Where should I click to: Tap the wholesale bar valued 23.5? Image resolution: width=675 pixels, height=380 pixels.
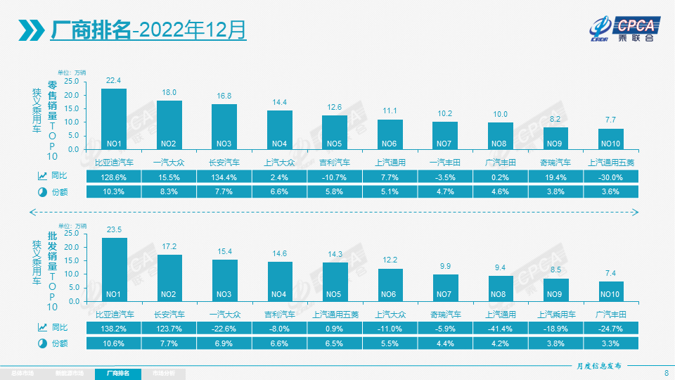click(115, 269)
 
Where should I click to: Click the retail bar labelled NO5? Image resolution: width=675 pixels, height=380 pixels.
click(335, 132)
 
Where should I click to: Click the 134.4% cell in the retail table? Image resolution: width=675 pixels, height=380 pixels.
click(224, 175)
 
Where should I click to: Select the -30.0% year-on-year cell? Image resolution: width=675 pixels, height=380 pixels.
click(611, 175)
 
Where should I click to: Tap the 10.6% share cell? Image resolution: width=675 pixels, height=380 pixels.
click(114, 343)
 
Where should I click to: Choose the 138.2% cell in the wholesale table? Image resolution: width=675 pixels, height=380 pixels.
click(114, 327)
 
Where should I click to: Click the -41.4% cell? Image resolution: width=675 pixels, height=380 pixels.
click(501, 327)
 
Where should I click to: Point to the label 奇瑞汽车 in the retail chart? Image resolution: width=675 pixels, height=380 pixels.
click(555, 162)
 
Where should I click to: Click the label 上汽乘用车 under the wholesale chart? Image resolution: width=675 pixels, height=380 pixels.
click(555, 315)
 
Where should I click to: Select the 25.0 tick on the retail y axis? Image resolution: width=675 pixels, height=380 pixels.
click(72, 81)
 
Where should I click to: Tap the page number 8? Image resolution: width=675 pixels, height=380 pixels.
click(666, 373)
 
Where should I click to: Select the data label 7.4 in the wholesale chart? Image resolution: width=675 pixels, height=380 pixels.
click(611, 273)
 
